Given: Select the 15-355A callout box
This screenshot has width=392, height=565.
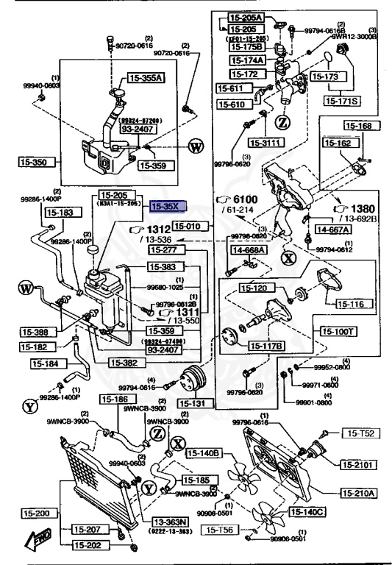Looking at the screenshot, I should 146,77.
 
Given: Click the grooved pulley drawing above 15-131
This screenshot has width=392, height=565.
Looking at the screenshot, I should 193,379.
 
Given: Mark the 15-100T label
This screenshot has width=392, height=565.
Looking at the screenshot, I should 337,332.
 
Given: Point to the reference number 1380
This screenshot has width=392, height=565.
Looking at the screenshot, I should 360,208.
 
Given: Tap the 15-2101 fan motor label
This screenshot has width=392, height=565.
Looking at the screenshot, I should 358,464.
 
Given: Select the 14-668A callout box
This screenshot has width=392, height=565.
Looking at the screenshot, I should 249,250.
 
